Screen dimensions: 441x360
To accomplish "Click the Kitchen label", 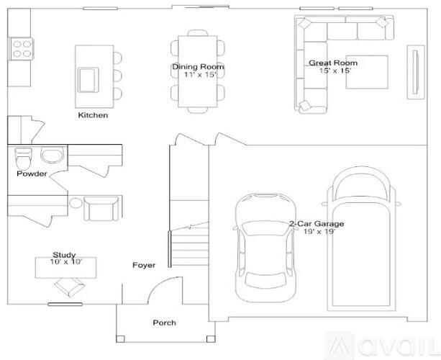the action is pyautogui.click(x=93, y=115).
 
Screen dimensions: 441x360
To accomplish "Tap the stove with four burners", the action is pyautogui.click(x=22, y=49).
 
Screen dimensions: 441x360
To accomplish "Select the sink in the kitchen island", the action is pyautogui.click(x=88, y=80).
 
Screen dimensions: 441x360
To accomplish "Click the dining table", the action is pyautogui.click(x=197, y=71).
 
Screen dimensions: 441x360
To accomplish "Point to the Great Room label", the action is pyautogui.click(x=333, y=63).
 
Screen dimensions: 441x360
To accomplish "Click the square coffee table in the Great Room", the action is pyautogui.click(x=367, y=72).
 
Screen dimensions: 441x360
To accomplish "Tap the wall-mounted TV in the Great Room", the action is pyautogui.click(x=416, y=72).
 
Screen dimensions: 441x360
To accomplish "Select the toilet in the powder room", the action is pyautogui.click(x=23, y=158).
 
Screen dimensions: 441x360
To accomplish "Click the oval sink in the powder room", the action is pyautogui.click(x=53, y=155).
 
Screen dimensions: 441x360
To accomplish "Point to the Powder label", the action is pyautogui.click(x=32, y=174).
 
